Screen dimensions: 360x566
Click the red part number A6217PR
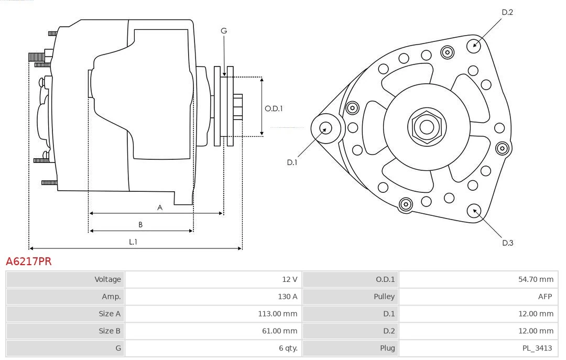(29, 261)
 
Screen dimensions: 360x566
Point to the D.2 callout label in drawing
(507, 12)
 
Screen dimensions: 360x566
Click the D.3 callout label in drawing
(507, 243)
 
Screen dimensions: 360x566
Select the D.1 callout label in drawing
(292, 162)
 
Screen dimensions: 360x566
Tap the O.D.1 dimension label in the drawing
(274, 108)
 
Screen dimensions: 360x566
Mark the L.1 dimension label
(133, 242)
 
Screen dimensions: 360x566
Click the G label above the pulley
(224, 31)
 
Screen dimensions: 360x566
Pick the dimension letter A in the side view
(160, 208)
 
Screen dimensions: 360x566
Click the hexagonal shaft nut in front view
(427, 127)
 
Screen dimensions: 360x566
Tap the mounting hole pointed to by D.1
(325, 128)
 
